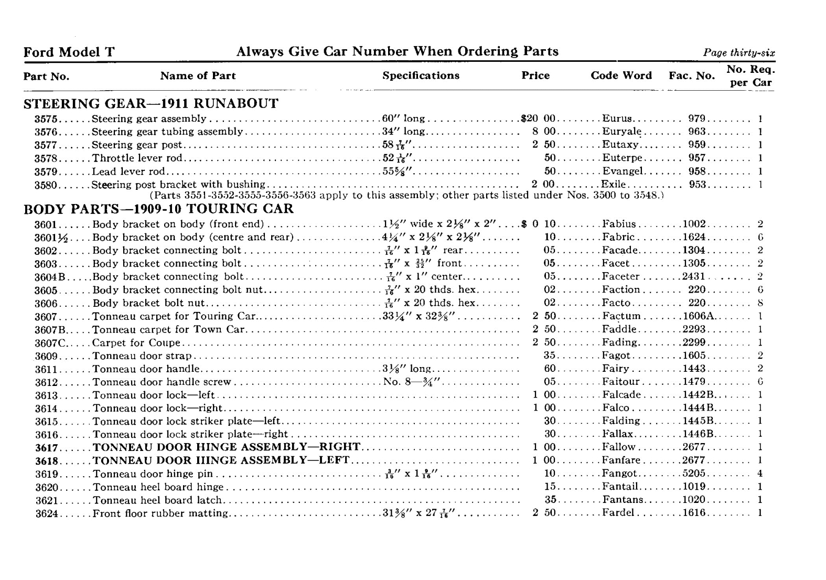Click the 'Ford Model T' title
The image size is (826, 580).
coord(69,52)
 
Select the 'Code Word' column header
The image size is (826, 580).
coord(621,76)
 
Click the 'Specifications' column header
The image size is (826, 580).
coord(421,76)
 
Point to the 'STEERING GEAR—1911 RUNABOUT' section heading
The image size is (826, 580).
coord(151,103)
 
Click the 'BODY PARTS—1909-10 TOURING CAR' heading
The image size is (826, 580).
coord(158,209)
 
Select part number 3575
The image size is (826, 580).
coord(46,119)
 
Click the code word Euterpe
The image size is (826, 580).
coord(622,158)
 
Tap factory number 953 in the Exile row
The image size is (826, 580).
coord(698,185)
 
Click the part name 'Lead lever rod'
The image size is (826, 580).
coord(128,171)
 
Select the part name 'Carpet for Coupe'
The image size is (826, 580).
coord(136,343)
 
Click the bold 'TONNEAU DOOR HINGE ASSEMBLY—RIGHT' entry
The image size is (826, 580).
coord(226,447)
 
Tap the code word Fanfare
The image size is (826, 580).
coord(621,460)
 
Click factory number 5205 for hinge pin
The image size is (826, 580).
coord(694,474)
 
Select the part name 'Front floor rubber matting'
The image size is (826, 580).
coord(160,513)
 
